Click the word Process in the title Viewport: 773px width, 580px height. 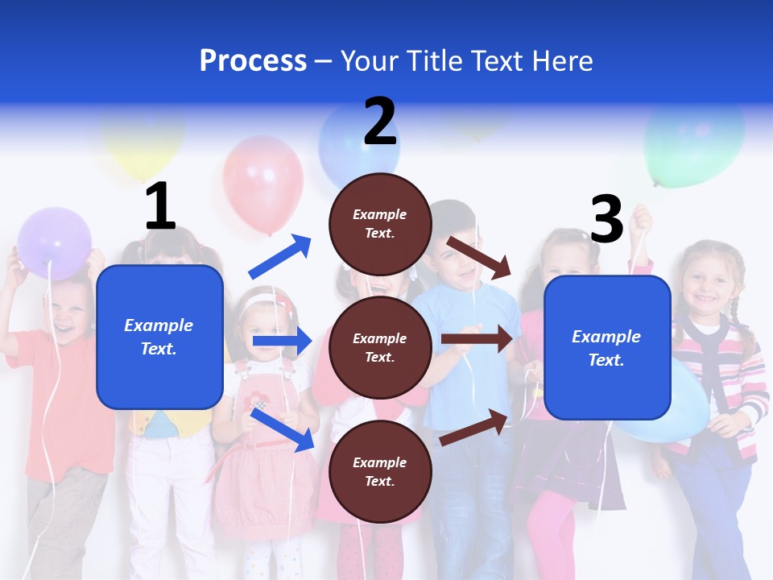pyautogui.click(x=253, y=61)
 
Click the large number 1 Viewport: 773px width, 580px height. pyautogui.click(x=160, y=206)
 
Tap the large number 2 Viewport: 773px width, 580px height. pyautogui.click(x=380, y=122)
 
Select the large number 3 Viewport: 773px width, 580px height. pyautogui.click(x=606, y=219)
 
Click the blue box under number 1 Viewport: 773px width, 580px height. pyautogui.click(x=159, y=337)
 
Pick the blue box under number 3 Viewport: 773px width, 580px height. pyautogui.click(x=607, y=348)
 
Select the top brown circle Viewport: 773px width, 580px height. pyautogui.click(x=380, y=224)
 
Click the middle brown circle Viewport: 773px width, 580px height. pyautogui.click(x=380, y=347)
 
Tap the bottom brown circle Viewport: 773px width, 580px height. pyautogui.click(x=380, y=471)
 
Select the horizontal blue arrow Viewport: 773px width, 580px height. pyautogui.click(x=282, y=342)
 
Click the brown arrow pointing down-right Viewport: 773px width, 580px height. pyautogui.click(x=479, y=257)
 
